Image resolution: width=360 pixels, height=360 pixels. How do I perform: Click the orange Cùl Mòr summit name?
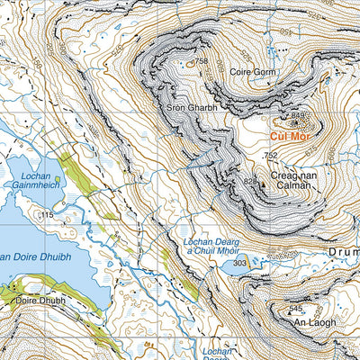click(291, 138)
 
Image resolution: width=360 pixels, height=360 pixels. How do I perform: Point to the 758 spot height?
click(201, 62)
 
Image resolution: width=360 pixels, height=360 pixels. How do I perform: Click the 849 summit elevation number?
click(300, 115)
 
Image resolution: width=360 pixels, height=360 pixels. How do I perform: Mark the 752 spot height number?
click(270, 156)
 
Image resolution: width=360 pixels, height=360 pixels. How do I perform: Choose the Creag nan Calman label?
click(288, 178)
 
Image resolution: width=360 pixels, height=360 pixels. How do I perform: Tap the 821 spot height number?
click(248, 182)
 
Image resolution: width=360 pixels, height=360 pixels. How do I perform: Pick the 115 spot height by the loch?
click(47, 216)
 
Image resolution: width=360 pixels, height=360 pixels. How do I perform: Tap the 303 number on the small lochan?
click(239, 263)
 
